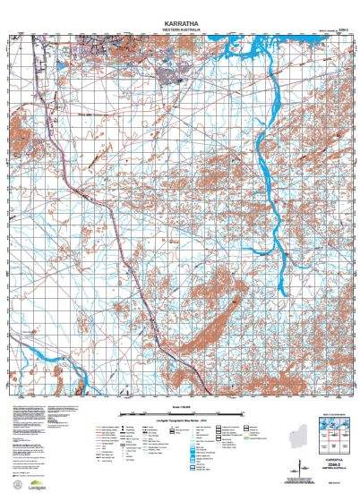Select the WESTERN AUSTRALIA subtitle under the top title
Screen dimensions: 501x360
179,28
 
